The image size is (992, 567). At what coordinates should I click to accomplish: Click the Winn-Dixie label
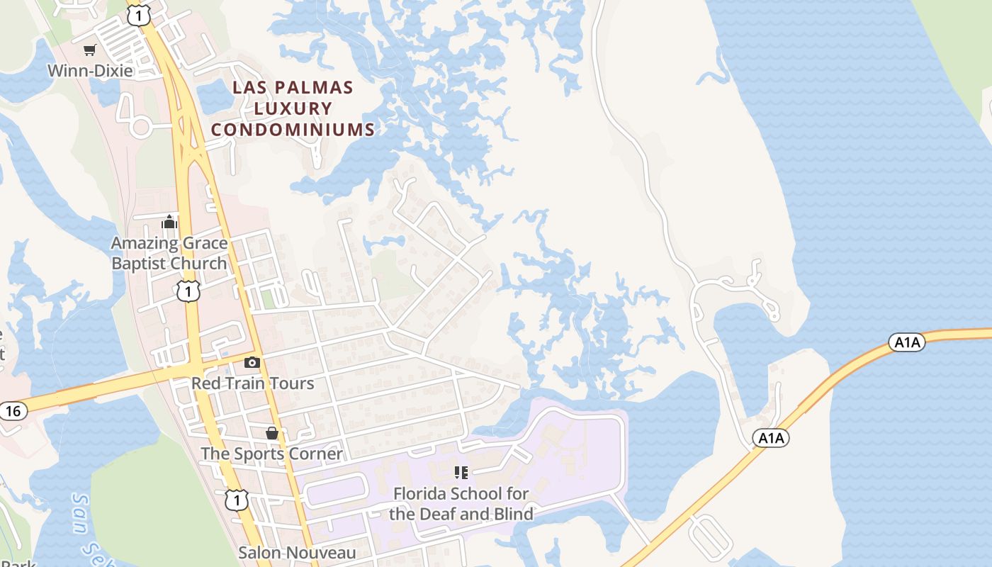[x=90, y=71]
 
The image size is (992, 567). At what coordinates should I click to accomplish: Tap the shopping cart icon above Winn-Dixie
[x=89, y=50]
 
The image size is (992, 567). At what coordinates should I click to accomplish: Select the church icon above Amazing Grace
[x=169, y=223]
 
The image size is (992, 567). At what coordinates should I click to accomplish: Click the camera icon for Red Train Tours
[x=252, y=363]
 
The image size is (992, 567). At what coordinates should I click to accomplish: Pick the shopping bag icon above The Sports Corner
[x=271, y=433]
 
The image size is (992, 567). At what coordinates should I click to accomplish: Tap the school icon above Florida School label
[x=461, y=472]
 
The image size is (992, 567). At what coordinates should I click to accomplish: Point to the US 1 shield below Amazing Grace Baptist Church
[x=187, y=291]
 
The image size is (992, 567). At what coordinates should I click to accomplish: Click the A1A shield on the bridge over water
[x=907, y=343]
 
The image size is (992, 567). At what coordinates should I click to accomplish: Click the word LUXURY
[x=293, y=109]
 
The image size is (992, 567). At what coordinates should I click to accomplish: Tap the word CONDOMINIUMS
[x=293, y=130]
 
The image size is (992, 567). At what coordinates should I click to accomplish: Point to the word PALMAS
[x=319, y=88]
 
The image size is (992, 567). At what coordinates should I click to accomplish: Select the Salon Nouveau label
[x=296, y=552]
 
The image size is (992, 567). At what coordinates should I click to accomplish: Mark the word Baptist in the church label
[x=147, y=264]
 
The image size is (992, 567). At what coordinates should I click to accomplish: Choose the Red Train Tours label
[x=252, y=383]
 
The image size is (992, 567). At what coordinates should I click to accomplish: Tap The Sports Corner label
[x=271, y=454]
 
